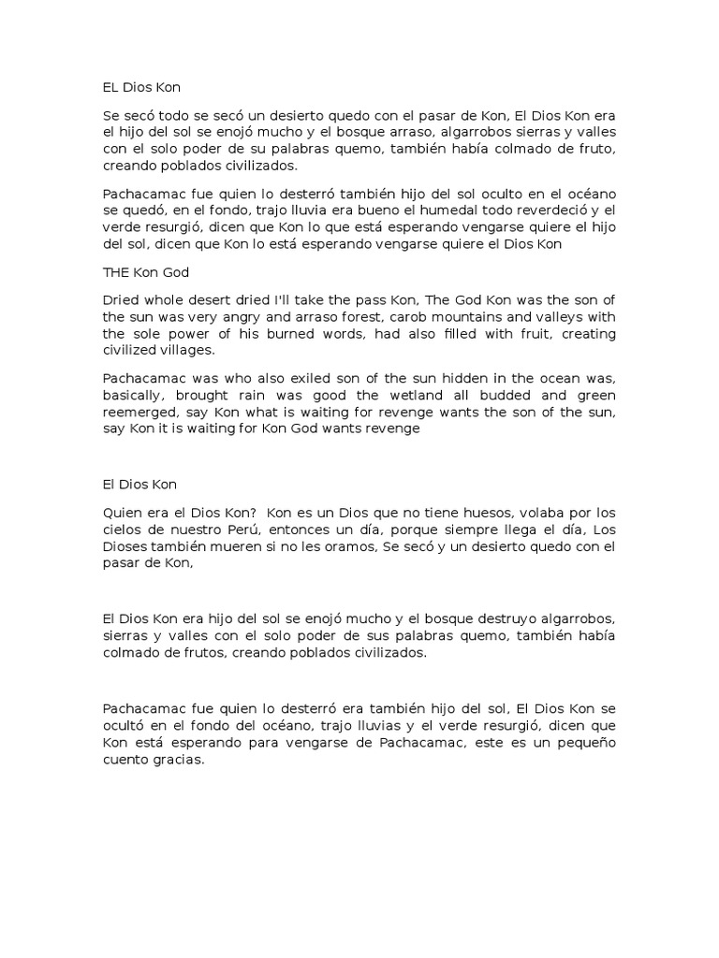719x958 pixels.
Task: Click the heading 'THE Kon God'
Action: pos(146,273)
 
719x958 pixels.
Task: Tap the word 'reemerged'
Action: pos(139,411)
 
